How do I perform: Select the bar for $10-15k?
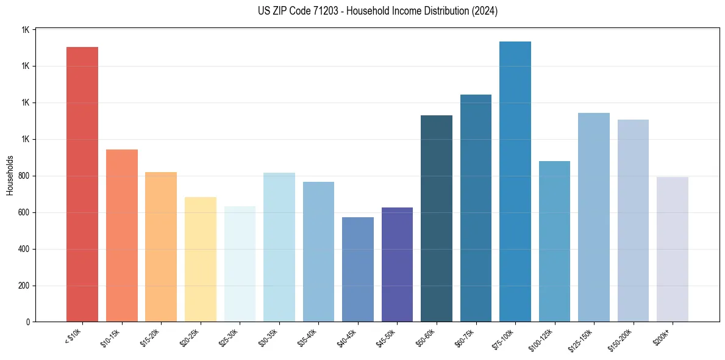point(122,236)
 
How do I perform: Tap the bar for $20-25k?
point(201,259)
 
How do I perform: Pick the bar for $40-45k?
point(358,269)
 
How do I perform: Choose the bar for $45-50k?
point(397,264)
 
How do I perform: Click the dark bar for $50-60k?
point(437,218)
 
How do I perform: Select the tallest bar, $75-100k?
point(515,182)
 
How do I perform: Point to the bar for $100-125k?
point(554,241)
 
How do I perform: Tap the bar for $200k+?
point(673,250)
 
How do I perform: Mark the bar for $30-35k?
point(279,247)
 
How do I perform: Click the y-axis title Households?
point(10,176)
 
